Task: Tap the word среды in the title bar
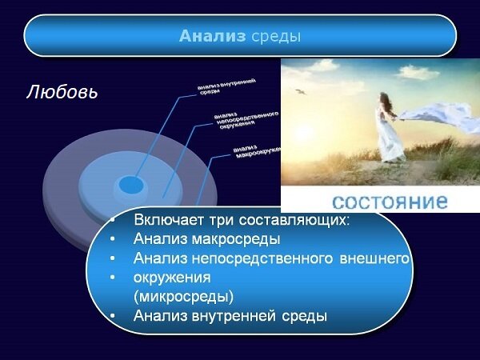[275, 36]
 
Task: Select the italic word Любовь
[62, 91]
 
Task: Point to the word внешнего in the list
[380, 258]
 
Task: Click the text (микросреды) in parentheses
[184, 296]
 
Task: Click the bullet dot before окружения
[113, 278]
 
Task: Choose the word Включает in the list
[165, 219]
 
